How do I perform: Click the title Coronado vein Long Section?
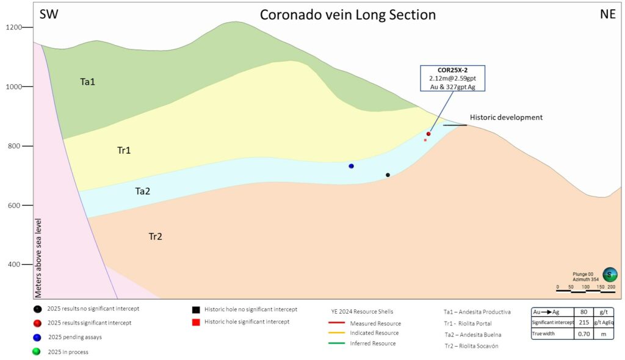[x=348, y=15]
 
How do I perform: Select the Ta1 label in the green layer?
[x=88, y=81]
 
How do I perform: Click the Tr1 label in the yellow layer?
[x=124, y=149]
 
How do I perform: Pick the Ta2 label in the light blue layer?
[x=142, y=191]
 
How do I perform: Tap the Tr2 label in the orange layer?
[x=156, y=236]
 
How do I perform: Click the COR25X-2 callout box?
[x=452, y=78]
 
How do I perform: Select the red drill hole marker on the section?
[x=428, y=134]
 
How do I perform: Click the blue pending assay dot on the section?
[x=351, y=166]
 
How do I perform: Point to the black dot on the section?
[x=388, y=175]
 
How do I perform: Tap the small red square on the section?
[x=425, y=140]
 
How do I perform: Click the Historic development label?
[x=506, y=117]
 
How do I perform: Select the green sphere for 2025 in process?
[x=38, y=351]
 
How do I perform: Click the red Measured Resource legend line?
[x=337, y=323]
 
